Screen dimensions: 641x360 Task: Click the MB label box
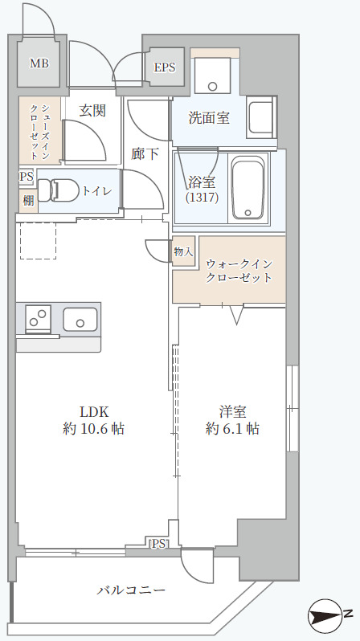pyautogui.click(x=38, y=63)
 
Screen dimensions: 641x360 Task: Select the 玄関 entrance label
pyautogui.click(x=92, y=111)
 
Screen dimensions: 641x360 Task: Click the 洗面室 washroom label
pyautogui.click(x=209, y=118)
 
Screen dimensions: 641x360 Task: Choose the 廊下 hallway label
pyautogui.click(x=145, y=153)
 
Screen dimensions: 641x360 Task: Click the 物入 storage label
pyautogui.click(x=183, y=251)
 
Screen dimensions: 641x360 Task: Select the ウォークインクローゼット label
pyautogui.click(x=239, y=271)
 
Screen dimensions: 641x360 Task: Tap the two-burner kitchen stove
pyautogui.click(x=38, y=319)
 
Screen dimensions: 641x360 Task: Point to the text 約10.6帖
pyautogui.click(x=94, y=429)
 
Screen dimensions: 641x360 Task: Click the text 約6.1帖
pyautogui.click(x=232, y=429)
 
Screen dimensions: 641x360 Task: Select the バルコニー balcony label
pyautogui.click(x=132, y=590)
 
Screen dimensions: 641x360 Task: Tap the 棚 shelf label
pyautogui.click(x=27, y=199)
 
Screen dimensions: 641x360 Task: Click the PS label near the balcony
pyautogui.click(x=158, y=544)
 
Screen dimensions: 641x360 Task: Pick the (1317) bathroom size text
pyautogui.click(x=202, y=197)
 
